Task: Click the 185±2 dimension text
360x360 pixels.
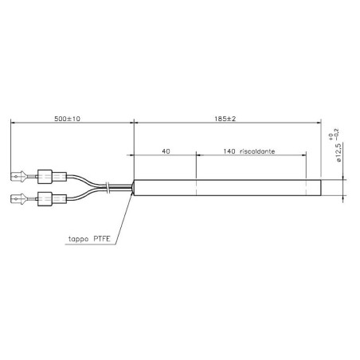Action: pyautogui.click(x=226, y=117)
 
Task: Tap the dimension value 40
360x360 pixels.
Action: pyautogui.click(x=166, y=150)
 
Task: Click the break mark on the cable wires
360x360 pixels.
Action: pyautogui.click(x=108, y=187)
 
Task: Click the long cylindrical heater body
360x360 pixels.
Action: pyautogui.click(x=227, y=187)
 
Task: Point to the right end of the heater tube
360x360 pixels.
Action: pyautogui.click(x=319, y=187)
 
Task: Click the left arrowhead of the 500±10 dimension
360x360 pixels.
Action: pyautogui.click(x=14, y=123)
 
